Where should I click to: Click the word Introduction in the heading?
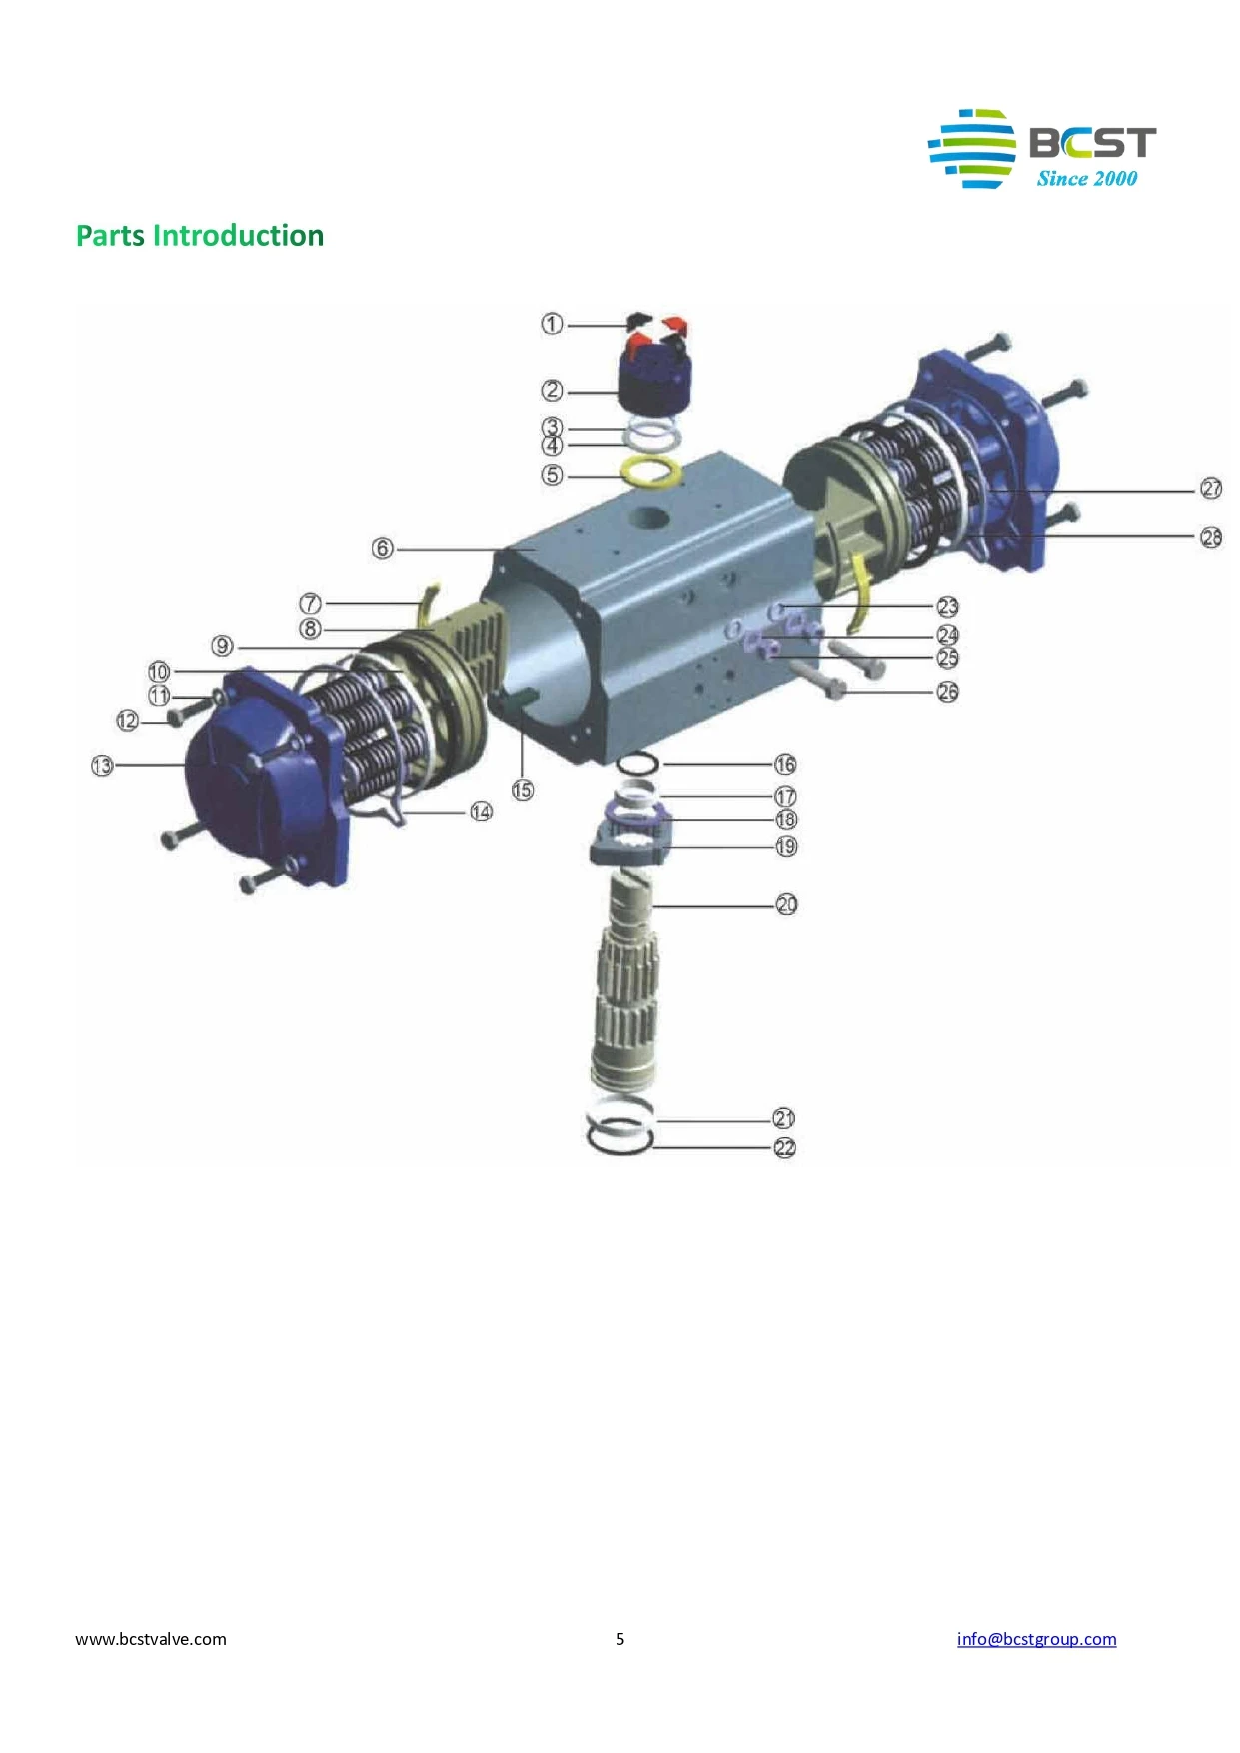238,236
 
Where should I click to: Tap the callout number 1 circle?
552,324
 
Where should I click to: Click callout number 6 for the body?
382,548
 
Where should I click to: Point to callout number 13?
102,766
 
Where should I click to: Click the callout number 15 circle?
523,790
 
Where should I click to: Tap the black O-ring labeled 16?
637,765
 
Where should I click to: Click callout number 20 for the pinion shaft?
787,905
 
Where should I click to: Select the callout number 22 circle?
785,1148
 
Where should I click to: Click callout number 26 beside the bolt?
947,692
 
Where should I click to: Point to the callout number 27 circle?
1211,489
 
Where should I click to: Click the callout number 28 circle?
1211,538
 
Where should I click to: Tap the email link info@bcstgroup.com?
1036,1639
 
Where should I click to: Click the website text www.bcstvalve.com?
151,1639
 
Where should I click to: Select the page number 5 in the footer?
620,1639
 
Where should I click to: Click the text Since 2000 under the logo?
1086,179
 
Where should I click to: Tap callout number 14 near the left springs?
481,812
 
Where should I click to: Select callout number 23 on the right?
947,607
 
